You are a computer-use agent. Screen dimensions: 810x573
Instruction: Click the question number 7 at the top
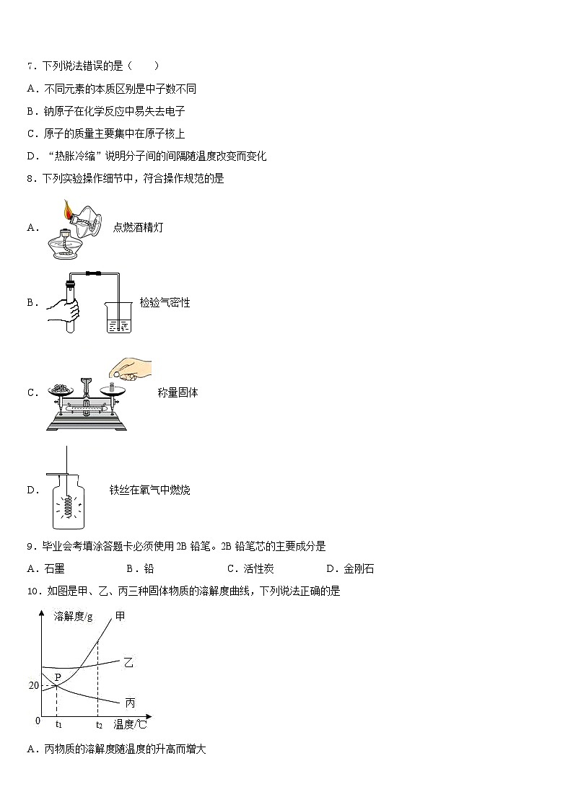coord(30,66)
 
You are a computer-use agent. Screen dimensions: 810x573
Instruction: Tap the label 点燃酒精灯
coord(138,228)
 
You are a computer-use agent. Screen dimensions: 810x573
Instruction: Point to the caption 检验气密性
coord(165,303)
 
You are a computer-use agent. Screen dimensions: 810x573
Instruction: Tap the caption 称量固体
coord(178,393)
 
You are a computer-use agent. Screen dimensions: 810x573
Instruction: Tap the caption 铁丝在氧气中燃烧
coord(149,490)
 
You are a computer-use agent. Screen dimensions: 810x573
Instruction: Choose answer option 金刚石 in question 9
coord(359,569)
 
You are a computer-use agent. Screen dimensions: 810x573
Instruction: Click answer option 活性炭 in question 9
coord(258,569)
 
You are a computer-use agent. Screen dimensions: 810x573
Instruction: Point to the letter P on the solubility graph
coord(58,677)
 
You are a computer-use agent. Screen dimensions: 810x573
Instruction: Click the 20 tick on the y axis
coord(33,685)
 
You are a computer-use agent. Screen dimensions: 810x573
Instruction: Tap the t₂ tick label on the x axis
coord(99,724)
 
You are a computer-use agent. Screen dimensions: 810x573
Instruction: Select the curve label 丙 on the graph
coord(130,703)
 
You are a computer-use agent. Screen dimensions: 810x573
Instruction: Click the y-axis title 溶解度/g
coord(73,617)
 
